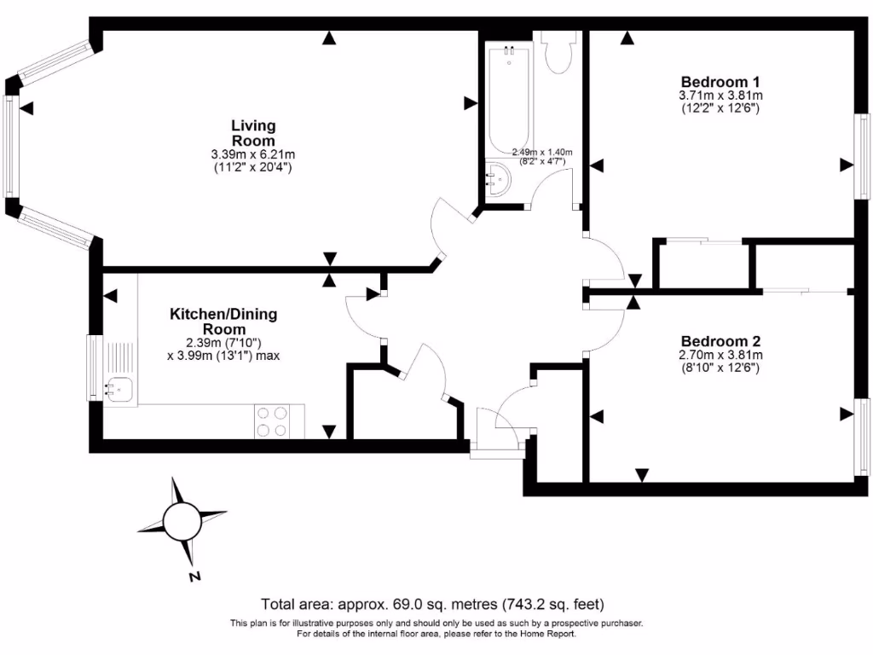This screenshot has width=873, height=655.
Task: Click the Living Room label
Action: pos(253,133)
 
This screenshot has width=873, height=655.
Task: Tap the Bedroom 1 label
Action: pos(720,81)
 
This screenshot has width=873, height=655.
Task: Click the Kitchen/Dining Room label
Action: pos(223,322)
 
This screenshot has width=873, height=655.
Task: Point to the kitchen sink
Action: pos(118,389)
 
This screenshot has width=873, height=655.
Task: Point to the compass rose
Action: pos(181,519)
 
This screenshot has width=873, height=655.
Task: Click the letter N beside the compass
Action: pos(195,577)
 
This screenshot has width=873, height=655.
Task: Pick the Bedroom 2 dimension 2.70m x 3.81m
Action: pos(720,355)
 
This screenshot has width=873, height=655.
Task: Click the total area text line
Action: pos(436,605)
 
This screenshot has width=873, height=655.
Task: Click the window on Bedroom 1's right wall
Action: pos(862,154)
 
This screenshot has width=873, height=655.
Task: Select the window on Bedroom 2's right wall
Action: pos(862,440)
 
